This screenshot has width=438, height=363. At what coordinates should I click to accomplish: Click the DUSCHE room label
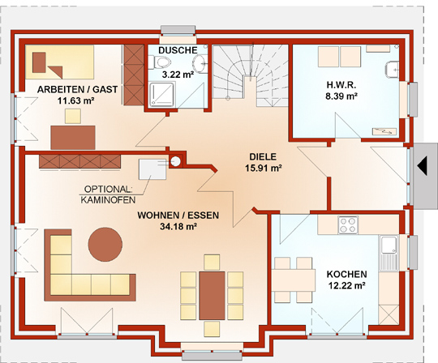178,50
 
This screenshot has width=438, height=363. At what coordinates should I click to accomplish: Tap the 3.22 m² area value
178,75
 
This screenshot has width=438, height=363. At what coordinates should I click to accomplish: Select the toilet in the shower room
159,62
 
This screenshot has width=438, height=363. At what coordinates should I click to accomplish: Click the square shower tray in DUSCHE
161,94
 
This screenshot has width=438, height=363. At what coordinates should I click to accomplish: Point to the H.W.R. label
341,84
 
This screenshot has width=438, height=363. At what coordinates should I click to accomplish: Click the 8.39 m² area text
341,96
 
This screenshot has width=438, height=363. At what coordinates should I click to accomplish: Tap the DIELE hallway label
263,156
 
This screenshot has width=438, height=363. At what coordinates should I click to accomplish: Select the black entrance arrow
422,166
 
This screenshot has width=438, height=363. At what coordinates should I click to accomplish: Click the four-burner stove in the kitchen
348,225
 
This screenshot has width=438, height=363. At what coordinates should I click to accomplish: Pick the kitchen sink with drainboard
389,254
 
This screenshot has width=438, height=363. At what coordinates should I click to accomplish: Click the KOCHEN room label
346,274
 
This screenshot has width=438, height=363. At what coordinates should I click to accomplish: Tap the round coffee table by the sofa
105,245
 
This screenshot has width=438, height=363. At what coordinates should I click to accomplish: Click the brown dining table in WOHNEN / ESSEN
212,296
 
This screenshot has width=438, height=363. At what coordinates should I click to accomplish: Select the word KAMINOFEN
108,200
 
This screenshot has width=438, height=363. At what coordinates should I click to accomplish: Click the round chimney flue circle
175,161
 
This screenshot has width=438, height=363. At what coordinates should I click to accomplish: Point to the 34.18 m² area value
178,227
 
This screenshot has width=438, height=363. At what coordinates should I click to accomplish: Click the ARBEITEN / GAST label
77,90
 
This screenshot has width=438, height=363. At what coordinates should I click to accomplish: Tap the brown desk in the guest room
73,138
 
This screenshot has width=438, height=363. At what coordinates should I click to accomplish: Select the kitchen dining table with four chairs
294,280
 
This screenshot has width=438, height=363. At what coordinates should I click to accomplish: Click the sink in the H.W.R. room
393,69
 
